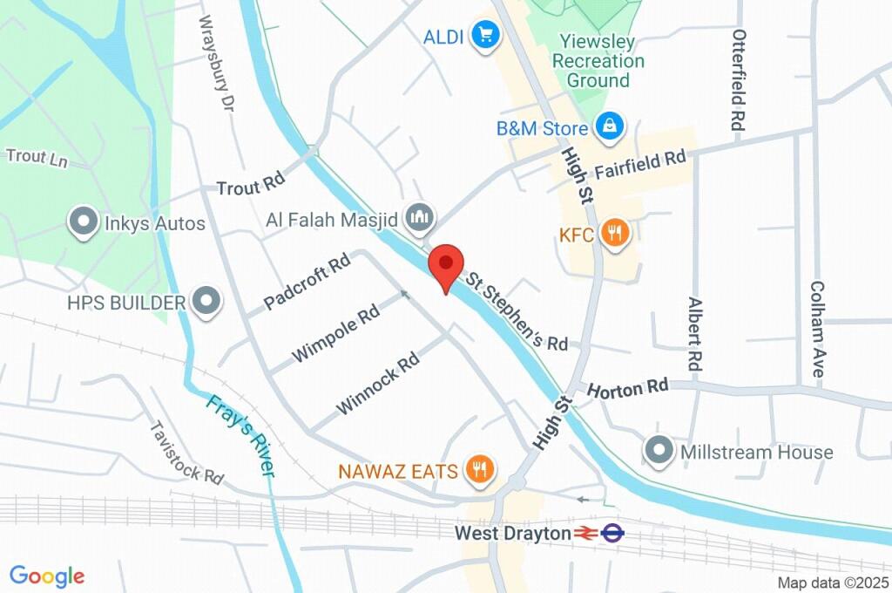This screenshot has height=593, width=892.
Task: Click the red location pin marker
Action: coord(447,263)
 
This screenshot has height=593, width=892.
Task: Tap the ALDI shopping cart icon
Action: coord(483,36)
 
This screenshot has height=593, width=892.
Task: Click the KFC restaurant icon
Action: coord(616,233)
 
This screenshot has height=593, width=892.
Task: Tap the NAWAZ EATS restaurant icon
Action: coord(480,471)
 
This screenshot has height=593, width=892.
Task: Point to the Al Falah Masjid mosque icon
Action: coord(421,217)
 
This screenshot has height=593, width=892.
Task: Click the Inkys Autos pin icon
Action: coord(84,223)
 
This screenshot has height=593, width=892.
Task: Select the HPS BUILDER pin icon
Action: coord(206,303)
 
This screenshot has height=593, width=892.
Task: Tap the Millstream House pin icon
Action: coord(659,452)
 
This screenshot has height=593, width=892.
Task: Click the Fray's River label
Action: coord(240,436)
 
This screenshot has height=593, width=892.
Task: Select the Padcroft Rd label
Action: coord(307,281)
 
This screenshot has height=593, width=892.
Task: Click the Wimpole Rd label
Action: coord(336,332)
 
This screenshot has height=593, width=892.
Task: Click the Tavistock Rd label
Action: coord(186,453)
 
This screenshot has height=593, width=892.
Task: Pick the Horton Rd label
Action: coord(628,386)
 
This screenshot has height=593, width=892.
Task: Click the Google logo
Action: coord(47,576)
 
